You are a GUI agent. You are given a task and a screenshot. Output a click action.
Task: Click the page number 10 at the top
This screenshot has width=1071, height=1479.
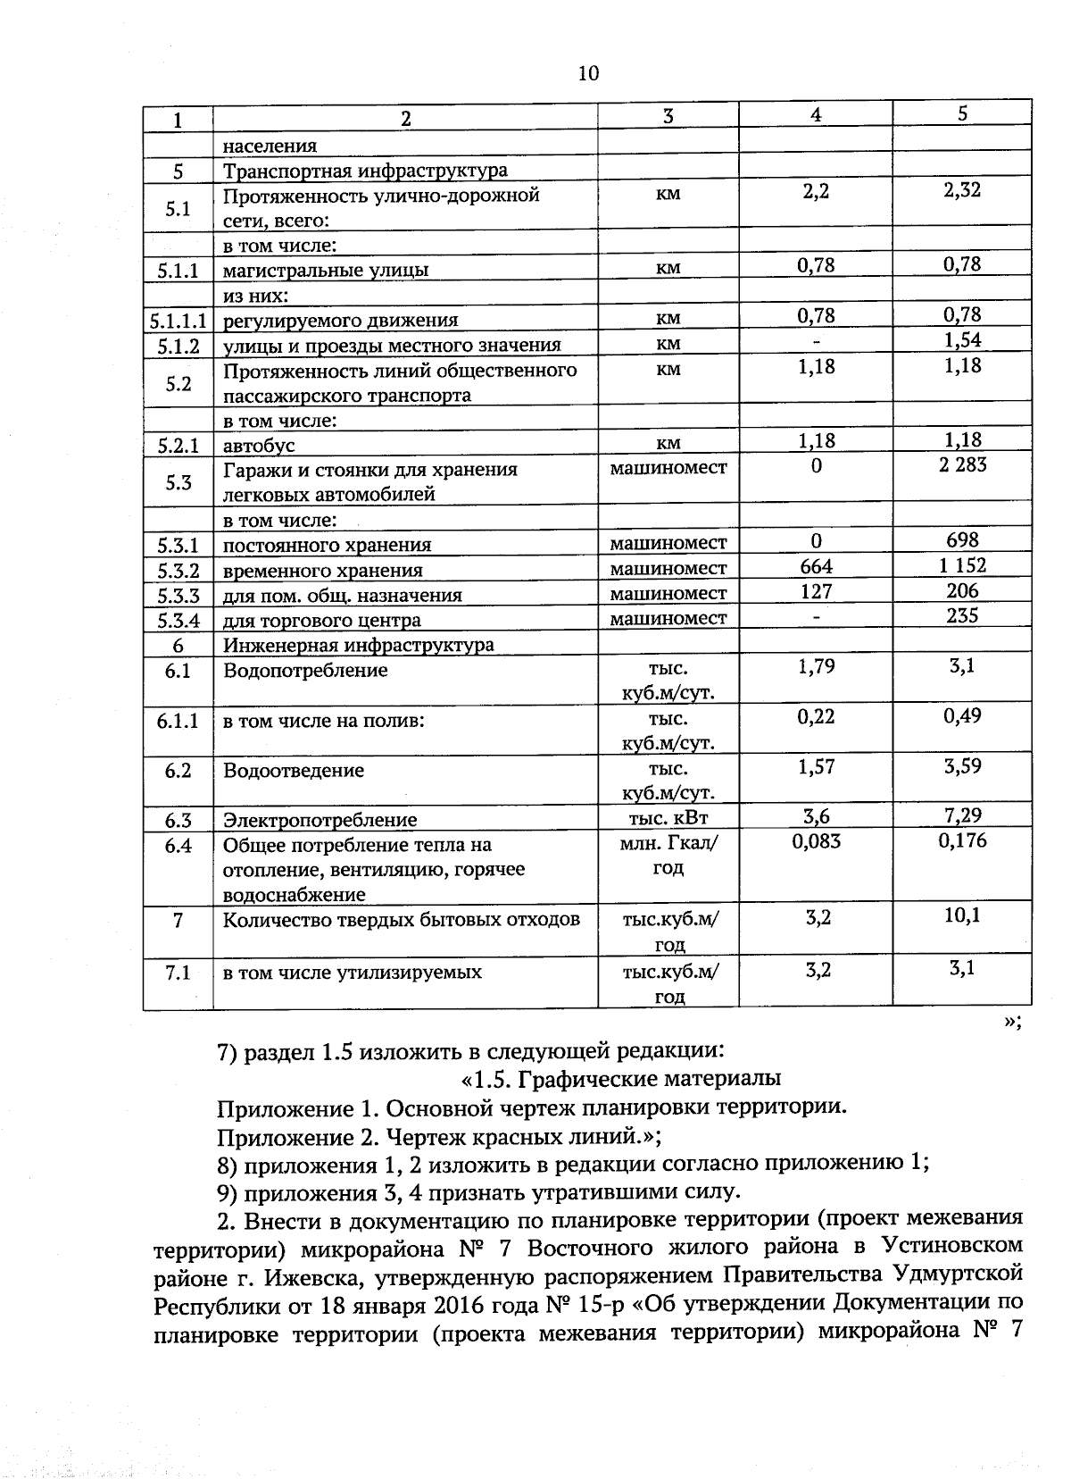pos(589,73)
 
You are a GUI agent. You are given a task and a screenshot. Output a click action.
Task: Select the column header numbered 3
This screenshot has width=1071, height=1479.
pos(668,116)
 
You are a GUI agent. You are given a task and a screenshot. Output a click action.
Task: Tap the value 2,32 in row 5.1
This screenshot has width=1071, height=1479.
pos(962,190)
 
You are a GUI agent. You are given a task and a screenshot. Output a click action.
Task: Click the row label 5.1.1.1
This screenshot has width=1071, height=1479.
pos(178,320)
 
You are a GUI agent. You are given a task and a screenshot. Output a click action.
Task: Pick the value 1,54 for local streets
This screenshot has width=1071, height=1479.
pos(962,340)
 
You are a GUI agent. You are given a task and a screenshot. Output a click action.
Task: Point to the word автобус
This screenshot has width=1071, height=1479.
pos(259,445)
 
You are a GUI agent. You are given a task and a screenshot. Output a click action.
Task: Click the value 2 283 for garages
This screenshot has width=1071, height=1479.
pos(962,464)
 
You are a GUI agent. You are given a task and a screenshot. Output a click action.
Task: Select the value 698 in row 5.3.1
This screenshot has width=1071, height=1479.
pos(962,539)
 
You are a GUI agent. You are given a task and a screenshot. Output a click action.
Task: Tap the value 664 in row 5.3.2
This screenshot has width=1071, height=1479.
pos(816,566)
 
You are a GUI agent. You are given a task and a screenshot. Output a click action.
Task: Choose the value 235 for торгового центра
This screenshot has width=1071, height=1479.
pos(962,615)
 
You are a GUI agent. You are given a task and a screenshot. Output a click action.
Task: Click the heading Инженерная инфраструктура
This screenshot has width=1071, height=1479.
pos(358,645)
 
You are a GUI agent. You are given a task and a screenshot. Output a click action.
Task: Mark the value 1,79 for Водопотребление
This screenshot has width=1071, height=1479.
pos(816,666)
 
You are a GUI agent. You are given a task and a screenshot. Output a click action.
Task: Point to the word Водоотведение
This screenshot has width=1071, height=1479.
pos(294,771)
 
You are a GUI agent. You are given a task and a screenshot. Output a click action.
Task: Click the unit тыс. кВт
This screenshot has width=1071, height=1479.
pos(668,817)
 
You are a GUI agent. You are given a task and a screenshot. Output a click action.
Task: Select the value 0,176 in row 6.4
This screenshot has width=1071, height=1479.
pos(962,840)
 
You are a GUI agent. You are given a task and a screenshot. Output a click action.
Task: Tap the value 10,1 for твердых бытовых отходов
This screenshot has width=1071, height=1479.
pos(962,915)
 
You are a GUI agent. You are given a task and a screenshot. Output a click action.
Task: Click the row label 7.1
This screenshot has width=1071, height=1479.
pos(178,973)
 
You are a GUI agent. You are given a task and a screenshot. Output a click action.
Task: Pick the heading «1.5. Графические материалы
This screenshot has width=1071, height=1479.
pos(621,1079)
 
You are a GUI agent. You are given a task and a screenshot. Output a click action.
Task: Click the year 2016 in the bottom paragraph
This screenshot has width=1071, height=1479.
pos(502,1305)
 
